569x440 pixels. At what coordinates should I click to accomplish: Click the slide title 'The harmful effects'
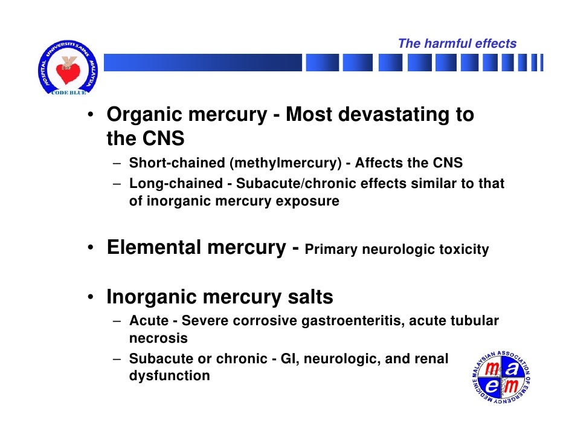click(x=457, y=44)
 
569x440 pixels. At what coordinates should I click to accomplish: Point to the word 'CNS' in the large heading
click(x=162, y=139)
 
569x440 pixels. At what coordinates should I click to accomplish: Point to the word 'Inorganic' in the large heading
click(x=151, y=297)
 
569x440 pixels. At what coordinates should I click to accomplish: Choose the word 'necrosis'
click(x=158, y=338)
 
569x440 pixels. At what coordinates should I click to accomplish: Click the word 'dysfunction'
click(x=170, y=376)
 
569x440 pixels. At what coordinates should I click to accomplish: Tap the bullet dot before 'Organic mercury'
click(x=89, y=116)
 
